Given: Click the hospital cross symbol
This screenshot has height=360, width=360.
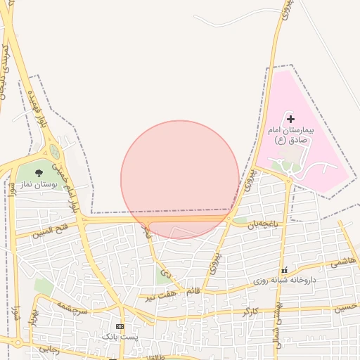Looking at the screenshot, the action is [x=290, y=120].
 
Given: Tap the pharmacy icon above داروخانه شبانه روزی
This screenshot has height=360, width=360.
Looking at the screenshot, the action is [x=284, y=271].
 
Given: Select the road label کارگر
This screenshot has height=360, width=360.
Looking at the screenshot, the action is [x=251, y=310].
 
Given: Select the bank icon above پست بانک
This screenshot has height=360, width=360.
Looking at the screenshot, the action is [x=120, y=326].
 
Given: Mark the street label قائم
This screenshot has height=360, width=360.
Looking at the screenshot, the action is [x=192, y=290].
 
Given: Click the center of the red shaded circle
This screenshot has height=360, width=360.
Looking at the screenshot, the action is [x=180, y=180].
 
